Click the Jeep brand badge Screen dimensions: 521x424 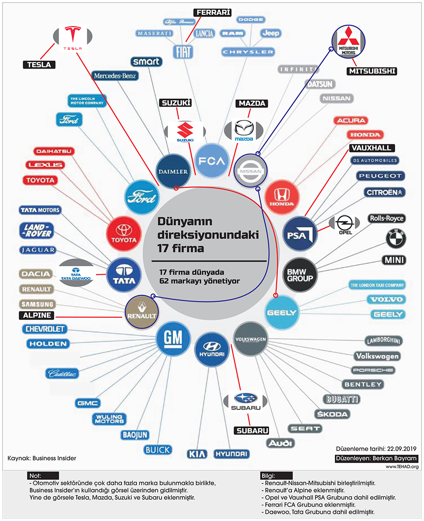tap(271, 33)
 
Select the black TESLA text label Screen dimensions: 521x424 tap(39, 65)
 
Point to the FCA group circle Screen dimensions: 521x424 tap(212, 161)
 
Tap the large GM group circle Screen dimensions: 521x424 tap(173, 338)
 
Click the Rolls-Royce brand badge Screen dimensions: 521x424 tap(387, 218)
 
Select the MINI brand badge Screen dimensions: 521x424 tap(394, 260)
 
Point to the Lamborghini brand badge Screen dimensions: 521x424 tap(384, 341)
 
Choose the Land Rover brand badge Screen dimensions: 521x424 tap(36, 231)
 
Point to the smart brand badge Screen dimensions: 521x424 tap(147, 62)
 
